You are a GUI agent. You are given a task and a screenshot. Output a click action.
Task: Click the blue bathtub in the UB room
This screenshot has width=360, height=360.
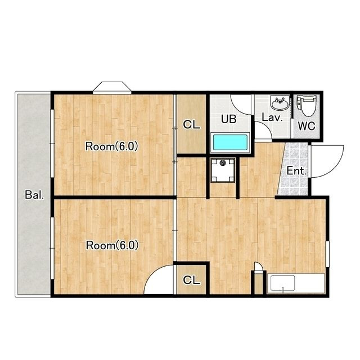[x=230, y=142]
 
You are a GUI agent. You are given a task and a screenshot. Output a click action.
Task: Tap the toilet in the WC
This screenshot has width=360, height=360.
[x=306, y=106]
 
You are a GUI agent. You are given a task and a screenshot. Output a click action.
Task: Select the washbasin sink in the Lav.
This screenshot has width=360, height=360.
[x=280, y=103]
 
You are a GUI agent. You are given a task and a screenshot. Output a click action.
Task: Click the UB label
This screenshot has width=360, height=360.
[x=229, y=119]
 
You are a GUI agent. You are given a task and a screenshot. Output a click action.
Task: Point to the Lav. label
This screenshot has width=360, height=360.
[x=272, y=118]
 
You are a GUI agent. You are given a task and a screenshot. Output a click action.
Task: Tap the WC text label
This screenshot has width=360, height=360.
[x=307, y=126]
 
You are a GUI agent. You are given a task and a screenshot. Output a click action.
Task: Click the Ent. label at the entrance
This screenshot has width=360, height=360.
[x=296, y=171]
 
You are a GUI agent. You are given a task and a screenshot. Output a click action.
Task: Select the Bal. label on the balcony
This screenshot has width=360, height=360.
[x=34, y=195]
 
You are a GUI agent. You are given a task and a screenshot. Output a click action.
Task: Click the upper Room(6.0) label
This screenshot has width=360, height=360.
[x=111, y=146]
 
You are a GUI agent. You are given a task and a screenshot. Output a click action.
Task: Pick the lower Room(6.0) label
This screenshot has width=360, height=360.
[x=112, y=245]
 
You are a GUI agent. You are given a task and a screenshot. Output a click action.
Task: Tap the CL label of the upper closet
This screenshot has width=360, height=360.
[x=191, y=125]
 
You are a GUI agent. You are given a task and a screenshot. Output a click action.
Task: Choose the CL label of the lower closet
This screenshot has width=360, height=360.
[x=191, y=280]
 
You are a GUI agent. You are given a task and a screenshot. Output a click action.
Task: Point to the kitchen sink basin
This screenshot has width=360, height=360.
[x=282, y=283]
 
